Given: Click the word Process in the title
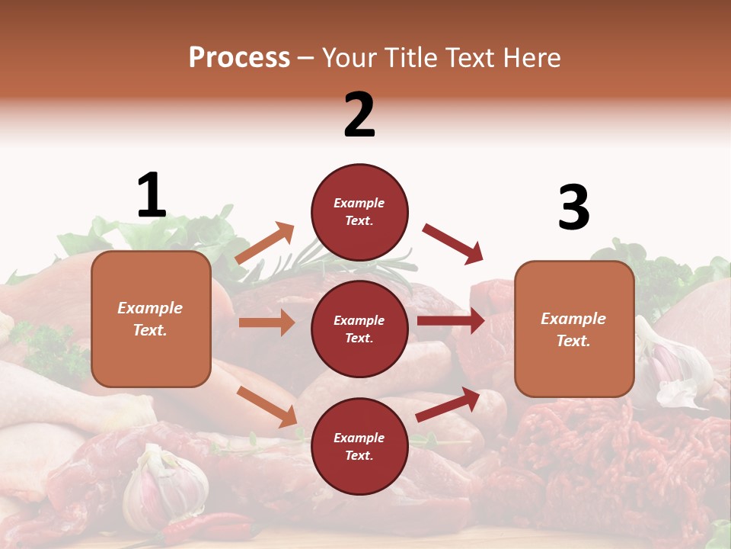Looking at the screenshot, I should (x=239, y=58).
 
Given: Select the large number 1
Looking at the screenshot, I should (x=152, y=196).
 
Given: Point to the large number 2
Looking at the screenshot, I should (x=359, y=115).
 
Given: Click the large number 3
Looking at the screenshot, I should (x=573, y=207).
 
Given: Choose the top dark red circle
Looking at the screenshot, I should (x=359, y=212).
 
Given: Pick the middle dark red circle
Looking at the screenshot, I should (x=359, y=329).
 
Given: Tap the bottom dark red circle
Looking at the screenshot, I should (x=359, y=446).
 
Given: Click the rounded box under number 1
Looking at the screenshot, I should (x=151, y=319).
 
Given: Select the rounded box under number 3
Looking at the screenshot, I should (x=574, y=329).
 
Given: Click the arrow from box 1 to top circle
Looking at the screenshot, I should (x=264, y=243).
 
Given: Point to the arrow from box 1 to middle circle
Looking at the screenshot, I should (x=267, y=323).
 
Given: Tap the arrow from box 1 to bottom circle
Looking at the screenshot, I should (x=267, y=406).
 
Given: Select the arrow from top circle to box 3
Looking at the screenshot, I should (x=452, y=243).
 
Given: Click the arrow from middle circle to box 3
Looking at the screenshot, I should (x=450, y=320).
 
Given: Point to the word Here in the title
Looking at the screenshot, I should (x=530, y=58).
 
